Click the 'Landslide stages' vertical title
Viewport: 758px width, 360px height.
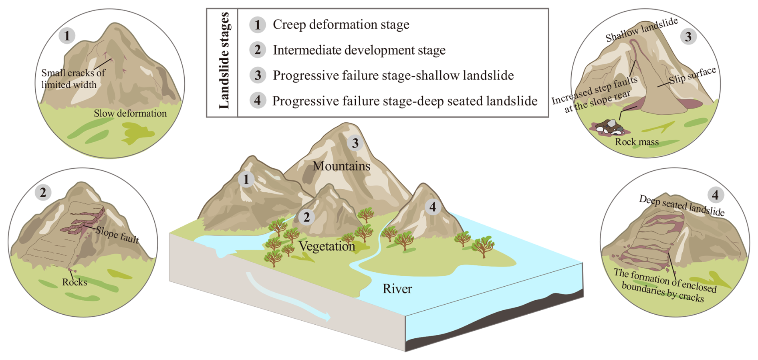tap(224, 61)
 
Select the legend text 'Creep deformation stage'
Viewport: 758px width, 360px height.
tap(341, 24)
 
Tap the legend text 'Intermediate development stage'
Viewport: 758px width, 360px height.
tap(359, 50)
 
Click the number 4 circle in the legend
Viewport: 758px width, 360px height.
tap(258, 100)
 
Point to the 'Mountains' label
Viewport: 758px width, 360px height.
tap(341, 166)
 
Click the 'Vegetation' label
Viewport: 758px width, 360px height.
tap(327, 246)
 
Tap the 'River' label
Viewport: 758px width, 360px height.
tap(397, 289)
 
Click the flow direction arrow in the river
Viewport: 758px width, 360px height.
tap(288, 297)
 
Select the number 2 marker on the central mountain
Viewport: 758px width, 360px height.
tap(306, 217)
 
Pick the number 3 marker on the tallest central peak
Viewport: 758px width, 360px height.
tap(355, 143)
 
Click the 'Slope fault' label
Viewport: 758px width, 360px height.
tap(117, 235)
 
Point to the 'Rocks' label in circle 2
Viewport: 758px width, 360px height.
tap(75, 282)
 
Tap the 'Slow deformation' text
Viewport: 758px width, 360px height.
tap(130, 113)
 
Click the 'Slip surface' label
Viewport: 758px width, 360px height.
tap(692, 75)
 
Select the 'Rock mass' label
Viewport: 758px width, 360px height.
tap(637, 142)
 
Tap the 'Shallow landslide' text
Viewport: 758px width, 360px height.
tap(641, 30)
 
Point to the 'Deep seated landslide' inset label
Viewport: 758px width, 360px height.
tap(681, 206)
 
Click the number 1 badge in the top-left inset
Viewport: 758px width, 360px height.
tap(67, 36)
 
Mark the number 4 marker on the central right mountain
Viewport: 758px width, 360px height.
tap(432, 207)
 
